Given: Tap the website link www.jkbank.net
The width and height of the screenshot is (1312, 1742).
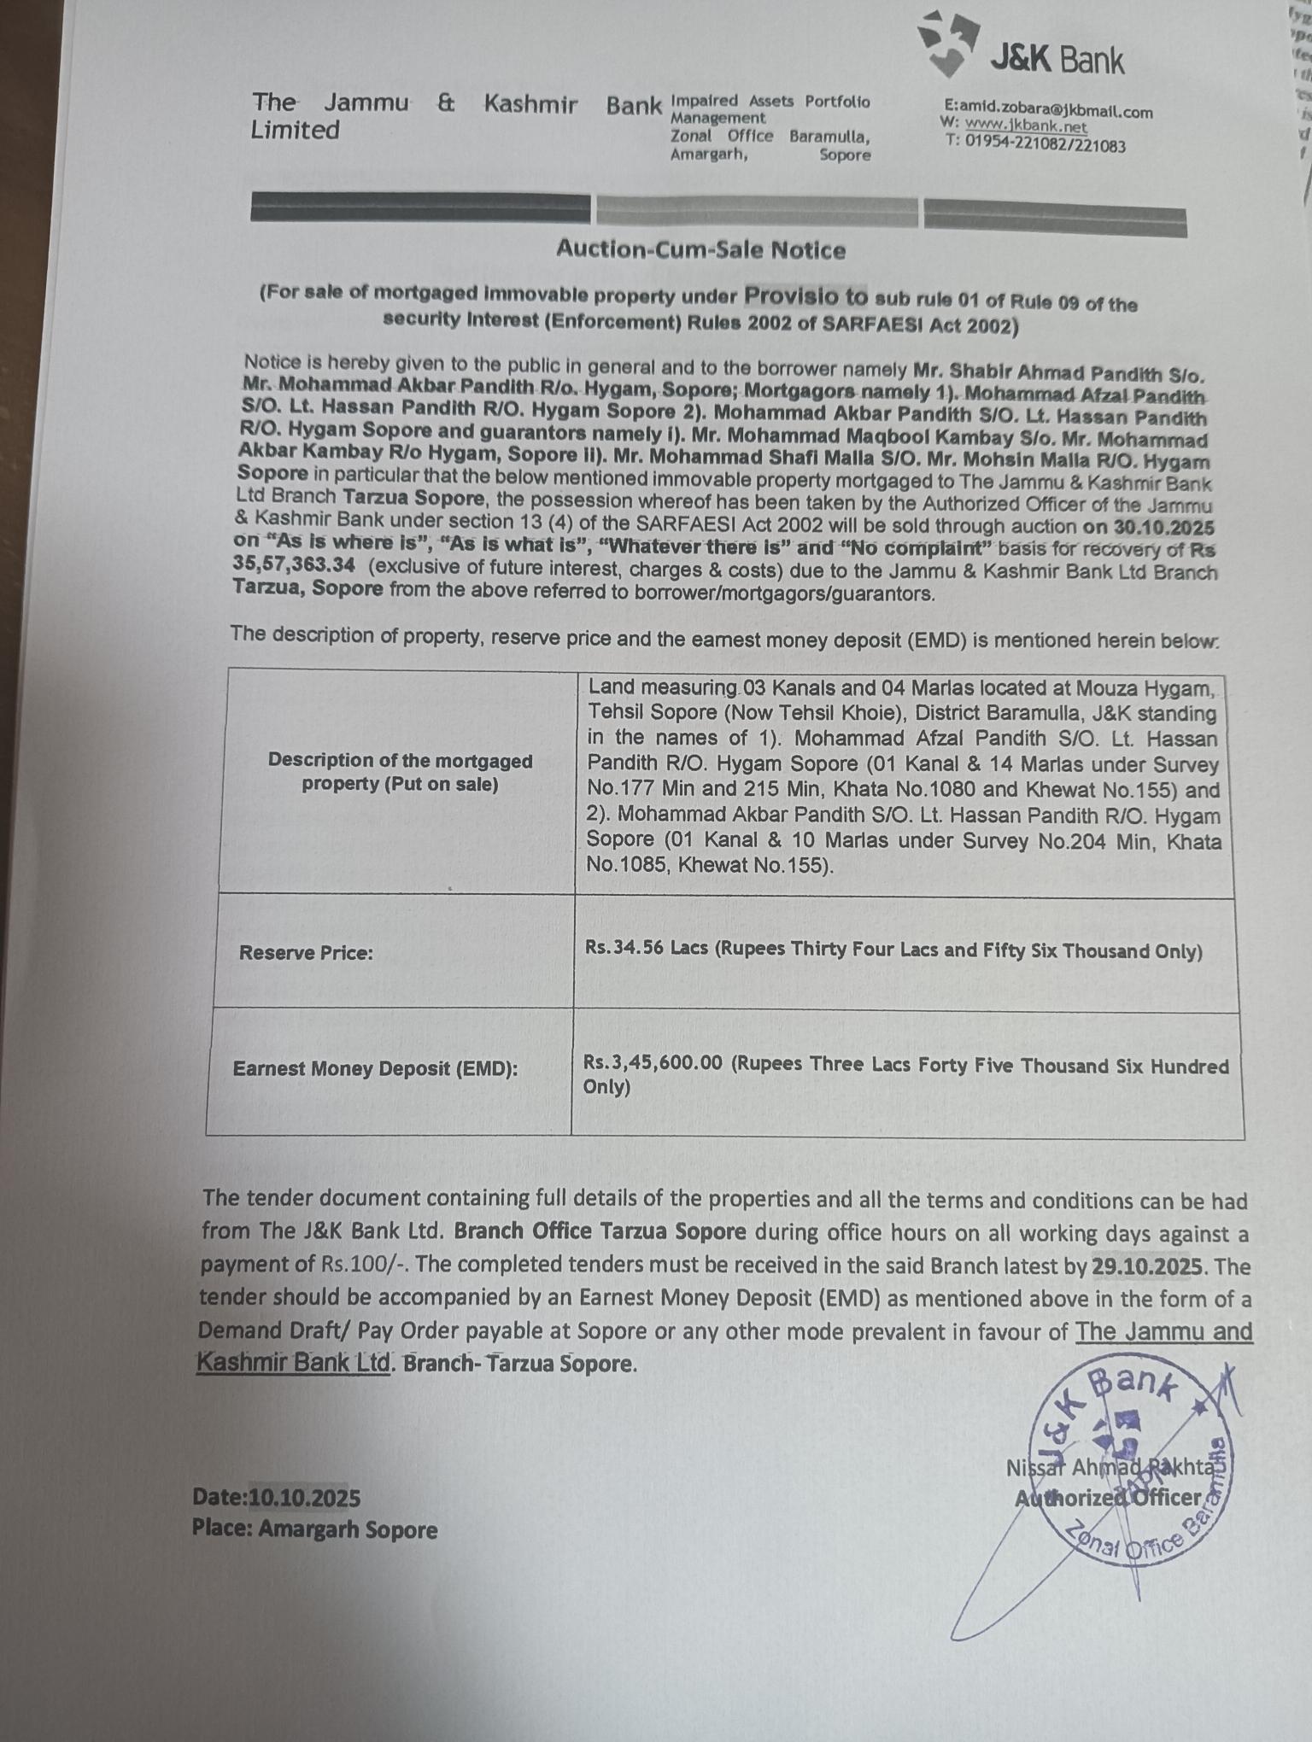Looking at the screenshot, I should (x=1026, y=127).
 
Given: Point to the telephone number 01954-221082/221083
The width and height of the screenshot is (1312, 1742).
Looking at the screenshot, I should (x=1045, y=144).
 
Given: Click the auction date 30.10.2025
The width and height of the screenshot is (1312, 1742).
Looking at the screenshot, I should (x=1163, y=528).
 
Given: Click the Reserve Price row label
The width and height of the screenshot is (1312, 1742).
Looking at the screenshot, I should (x=306, y=953).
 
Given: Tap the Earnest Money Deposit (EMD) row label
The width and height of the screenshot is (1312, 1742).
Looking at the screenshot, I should (x=375, y=1068).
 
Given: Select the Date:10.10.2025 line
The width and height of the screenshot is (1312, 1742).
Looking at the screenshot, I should (x=276, y=1497).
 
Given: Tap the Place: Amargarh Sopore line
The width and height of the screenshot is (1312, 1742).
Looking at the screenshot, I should (x=314, y=1529).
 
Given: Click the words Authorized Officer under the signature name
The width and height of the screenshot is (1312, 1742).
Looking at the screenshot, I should (x=1108, y=1497).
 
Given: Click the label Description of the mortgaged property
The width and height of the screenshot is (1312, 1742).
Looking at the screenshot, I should (x=400, y=771).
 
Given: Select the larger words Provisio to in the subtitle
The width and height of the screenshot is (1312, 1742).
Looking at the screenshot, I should (x=805, y=295).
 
